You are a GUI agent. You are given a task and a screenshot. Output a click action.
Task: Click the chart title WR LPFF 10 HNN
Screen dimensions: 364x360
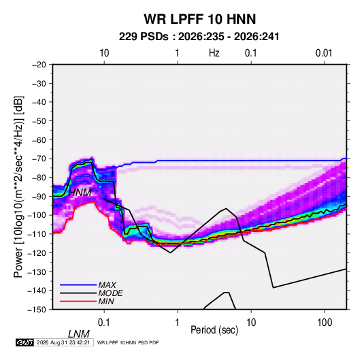click(200, 19)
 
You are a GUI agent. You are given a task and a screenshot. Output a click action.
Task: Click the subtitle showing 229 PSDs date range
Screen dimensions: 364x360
click(199, 37)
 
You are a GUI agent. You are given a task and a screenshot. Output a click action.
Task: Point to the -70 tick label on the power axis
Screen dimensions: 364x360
click(39, 159)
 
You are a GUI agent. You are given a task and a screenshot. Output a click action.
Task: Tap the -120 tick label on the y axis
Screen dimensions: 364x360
click(37, 253)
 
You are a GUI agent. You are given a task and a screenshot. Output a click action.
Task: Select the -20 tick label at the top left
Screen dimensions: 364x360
click(39, 65)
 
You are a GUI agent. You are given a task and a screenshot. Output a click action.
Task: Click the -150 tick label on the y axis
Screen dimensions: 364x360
click(37, 310)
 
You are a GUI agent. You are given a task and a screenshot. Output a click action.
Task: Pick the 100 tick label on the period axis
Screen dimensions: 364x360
click(325, 323)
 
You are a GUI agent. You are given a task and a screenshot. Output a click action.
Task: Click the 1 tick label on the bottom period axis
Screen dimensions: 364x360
click(178, 323)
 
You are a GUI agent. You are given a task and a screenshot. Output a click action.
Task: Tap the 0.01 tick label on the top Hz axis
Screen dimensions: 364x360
click(324, 53)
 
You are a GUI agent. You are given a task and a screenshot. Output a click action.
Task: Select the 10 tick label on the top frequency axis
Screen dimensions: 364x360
click(104, 53)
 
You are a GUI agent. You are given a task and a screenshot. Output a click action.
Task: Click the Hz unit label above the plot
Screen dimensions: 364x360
click(214, 53)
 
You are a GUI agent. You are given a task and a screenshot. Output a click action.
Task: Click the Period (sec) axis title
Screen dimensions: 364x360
click(214, 330)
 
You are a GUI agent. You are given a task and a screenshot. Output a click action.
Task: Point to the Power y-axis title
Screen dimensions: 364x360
click(18, 187)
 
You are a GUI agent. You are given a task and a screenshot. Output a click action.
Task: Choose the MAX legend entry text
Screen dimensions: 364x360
click(107, 285)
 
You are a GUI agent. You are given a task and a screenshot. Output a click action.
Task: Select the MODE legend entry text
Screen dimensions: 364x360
click(110, 293)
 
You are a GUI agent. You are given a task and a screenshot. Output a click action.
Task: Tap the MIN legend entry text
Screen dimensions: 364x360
click(106, 301)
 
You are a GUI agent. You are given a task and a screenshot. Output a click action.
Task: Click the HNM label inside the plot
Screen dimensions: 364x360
click(80, 193)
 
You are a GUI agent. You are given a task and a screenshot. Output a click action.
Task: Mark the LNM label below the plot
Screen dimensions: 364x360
click(79, 334)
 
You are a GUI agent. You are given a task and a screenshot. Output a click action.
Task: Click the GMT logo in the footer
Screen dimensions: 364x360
click(25, 342)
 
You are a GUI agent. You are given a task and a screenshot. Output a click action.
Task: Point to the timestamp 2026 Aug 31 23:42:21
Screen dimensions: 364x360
click(63, 342)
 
